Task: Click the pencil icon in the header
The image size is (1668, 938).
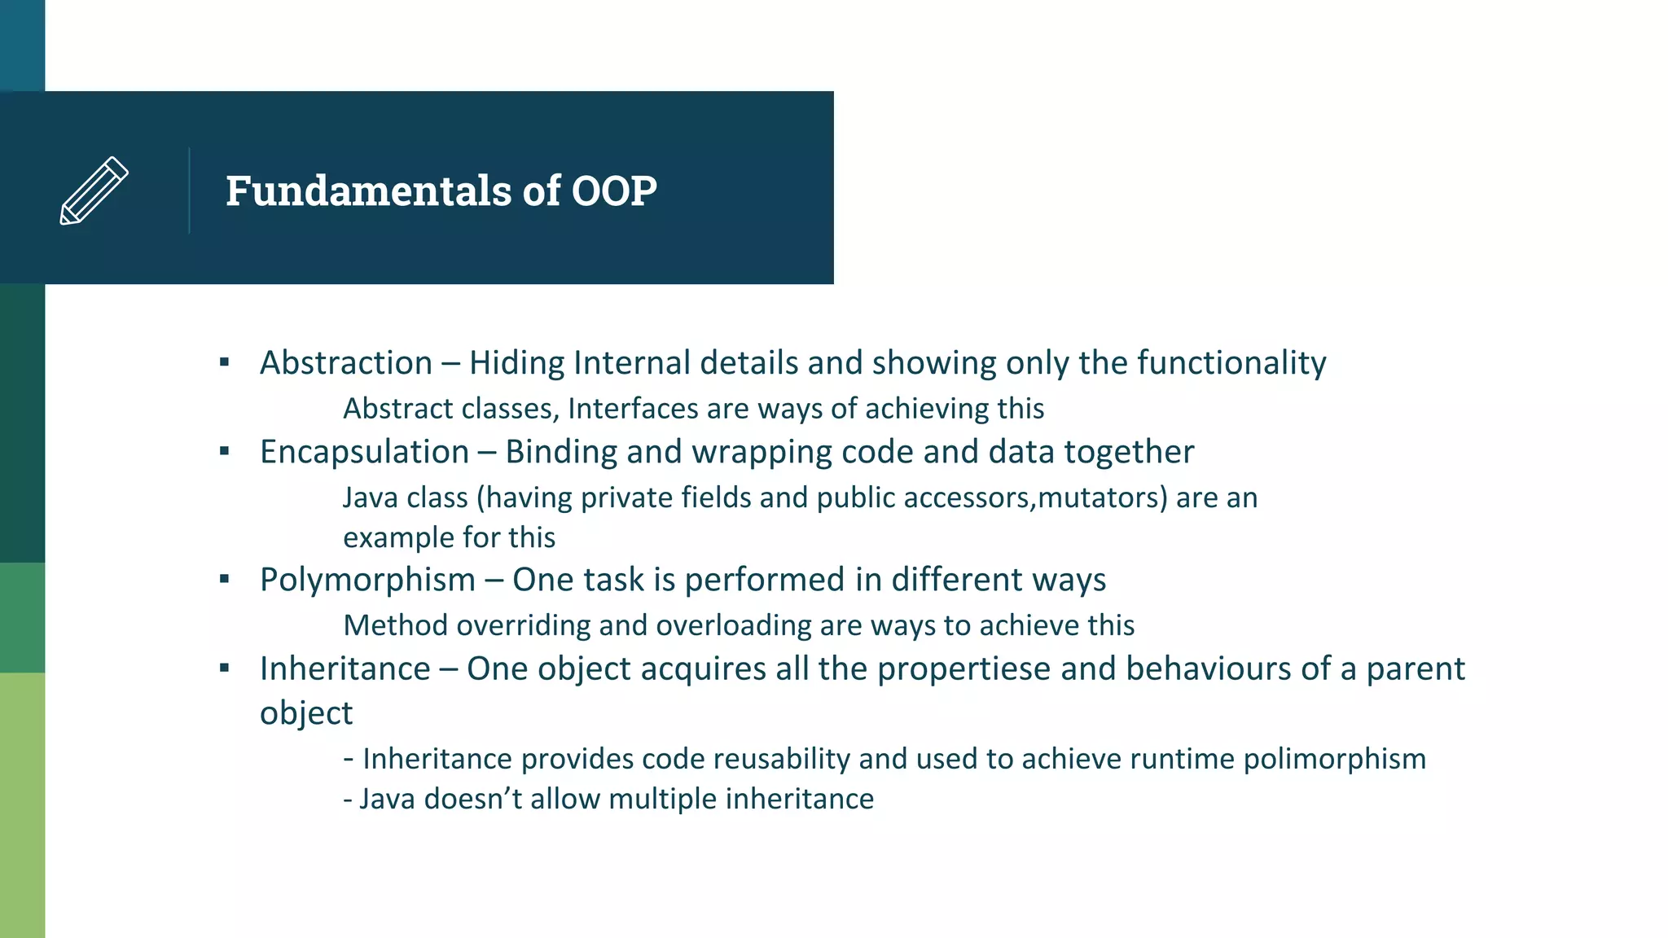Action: [x=94, y=191]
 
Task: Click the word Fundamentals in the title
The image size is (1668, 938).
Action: [x=369, y=191]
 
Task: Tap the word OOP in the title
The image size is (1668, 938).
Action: [x=614, y=191]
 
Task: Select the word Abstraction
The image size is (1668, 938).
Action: [x=346, y=363]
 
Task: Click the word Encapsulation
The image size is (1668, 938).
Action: [x=364, y=452]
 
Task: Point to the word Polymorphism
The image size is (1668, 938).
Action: [x=367, y=580]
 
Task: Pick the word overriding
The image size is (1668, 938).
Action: [x=523, y=625]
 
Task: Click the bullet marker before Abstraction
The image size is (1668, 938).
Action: [x=225, y=362]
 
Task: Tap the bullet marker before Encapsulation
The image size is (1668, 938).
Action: [x=225, y=451]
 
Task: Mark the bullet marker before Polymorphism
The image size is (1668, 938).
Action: [x=225, y=579]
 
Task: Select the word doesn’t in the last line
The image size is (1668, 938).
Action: [x=472, y=799]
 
